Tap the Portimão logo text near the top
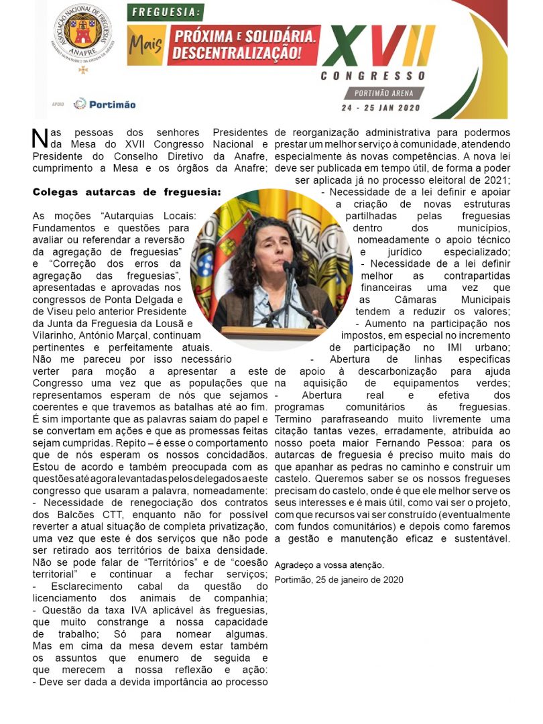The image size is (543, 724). (x=112, y=105)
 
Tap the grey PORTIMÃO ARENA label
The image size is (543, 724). (x=384, y=93)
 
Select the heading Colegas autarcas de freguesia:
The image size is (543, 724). (x=127, y=192)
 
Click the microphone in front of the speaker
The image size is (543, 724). (x=290, y=268)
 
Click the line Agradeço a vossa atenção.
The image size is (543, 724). (x=329, y=565)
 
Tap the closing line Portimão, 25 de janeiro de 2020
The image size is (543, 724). (x=339, y=580)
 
